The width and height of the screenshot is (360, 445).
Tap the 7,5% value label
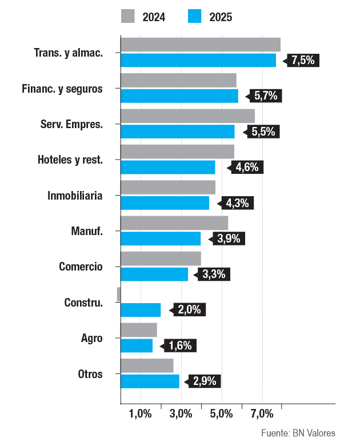(303, 60)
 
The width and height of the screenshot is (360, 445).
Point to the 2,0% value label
(189, 310)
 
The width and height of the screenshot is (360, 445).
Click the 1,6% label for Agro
(181, 345)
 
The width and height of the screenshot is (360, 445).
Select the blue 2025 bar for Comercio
(154, 275)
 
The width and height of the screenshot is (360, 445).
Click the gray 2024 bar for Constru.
(119, 294)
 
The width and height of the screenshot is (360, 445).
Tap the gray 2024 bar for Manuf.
(174, 223)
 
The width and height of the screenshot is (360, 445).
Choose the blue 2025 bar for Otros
(150, 382)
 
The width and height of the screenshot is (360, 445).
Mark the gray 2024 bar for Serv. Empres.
(187, 116)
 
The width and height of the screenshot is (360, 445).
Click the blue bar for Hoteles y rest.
(168, 167)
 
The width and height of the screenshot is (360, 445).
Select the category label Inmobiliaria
(75, 196)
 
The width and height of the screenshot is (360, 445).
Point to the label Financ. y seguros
(62, 89)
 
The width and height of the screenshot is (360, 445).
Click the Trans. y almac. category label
(69, 53)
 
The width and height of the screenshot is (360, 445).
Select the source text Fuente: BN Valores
(298, 432)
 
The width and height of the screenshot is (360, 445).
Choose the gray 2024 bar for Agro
(139, 330)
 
